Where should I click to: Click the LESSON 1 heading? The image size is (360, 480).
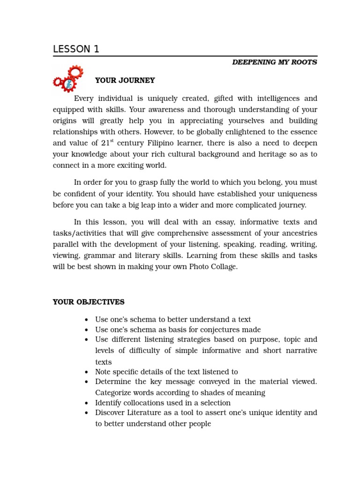(76, 49)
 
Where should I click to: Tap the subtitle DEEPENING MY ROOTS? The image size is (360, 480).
(274, 62)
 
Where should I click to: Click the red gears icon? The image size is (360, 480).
(68, 79)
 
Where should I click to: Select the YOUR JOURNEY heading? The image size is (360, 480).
(125, 81)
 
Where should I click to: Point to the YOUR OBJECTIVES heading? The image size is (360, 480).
(89, 302)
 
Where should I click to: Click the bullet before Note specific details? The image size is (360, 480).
(87, 372)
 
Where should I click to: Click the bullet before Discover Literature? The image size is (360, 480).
(87, 413)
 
